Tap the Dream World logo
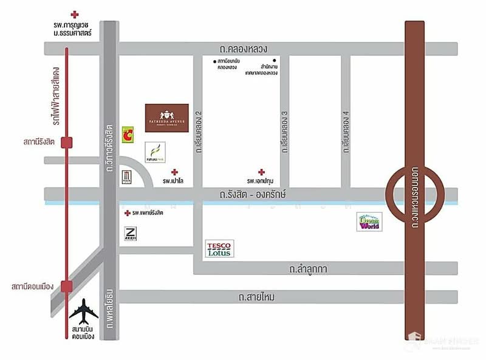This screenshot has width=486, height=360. point(369,222)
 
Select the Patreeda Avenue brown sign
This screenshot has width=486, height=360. point(166,116)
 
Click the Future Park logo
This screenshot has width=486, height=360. point(154,152)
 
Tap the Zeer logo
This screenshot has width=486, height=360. point(131,234)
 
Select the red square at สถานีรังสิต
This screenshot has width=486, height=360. point(67,142)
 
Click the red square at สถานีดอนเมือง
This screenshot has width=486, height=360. point(67,285)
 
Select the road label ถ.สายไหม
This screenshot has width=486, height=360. point(256,297)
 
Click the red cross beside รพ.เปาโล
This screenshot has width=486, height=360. point(174,172)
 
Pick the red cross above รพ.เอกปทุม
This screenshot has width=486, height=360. point(261,172)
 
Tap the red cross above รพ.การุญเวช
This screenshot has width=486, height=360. point(74,13)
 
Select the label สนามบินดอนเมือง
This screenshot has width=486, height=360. point(83,332)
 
